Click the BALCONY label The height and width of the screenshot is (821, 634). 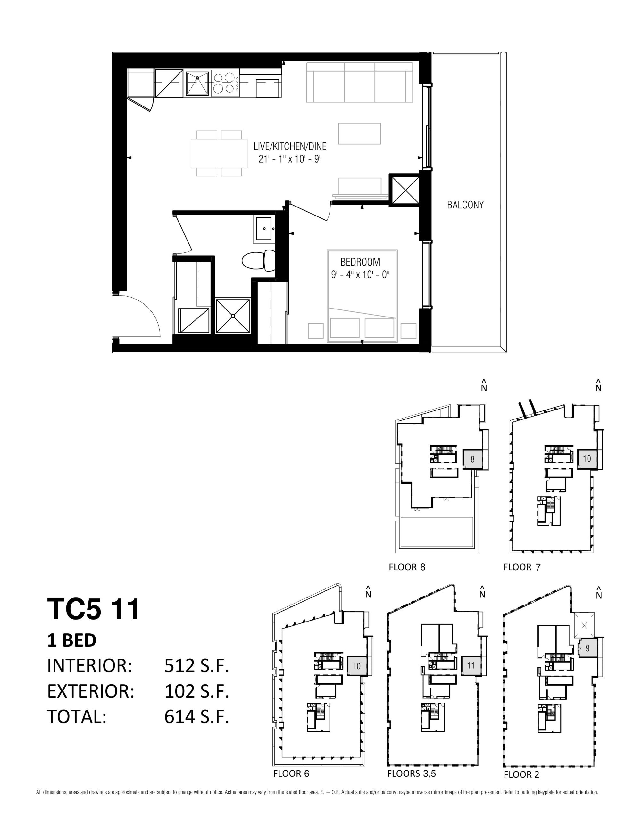click(465, 205)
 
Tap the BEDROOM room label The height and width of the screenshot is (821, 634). click(360, 262)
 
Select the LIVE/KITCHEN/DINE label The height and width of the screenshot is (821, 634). click(290, 146)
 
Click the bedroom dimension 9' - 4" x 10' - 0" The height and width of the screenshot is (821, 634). click(360, 275)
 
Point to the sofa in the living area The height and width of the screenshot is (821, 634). click(360, 82)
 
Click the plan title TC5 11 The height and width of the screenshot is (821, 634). click(93, 609)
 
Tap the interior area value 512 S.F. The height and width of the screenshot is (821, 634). click(196, 666)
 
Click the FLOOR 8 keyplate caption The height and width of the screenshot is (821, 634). click(407, 567)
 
